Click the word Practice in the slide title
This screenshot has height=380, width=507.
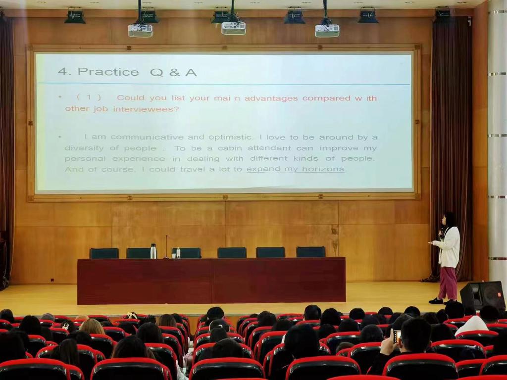[x=108, y=72]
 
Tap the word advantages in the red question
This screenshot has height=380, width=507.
[x=271, y=98]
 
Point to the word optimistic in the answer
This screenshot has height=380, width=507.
[x=230, y=137]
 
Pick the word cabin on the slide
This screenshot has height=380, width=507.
[x=230, y=148]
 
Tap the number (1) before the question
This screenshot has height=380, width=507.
[x=89, y=97]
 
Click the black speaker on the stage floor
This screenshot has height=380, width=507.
[x=482, y=295]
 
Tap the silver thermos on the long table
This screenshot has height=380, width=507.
[x=153, y=251]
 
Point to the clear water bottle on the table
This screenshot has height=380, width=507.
[x=178, y=253]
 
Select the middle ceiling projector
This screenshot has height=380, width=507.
[x=234, y=28]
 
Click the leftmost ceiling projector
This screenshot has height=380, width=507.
[x=140, y=31]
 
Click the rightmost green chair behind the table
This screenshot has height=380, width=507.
[x=311, y=252]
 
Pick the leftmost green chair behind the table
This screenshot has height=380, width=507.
[x=104, y=253]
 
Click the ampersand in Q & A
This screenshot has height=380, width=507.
[x=174, y=72]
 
